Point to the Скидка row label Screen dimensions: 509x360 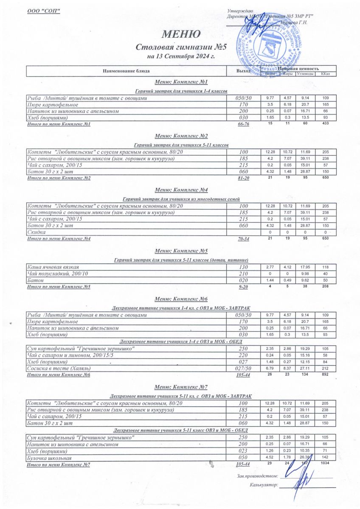click(37, 232)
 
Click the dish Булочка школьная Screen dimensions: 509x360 click(49, 458)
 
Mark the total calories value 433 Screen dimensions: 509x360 click(326, 123)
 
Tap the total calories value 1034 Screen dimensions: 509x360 click(326, 463)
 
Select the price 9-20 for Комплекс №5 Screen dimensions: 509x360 click(244, 287)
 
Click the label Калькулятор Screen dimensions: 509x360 click(264, 484)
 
